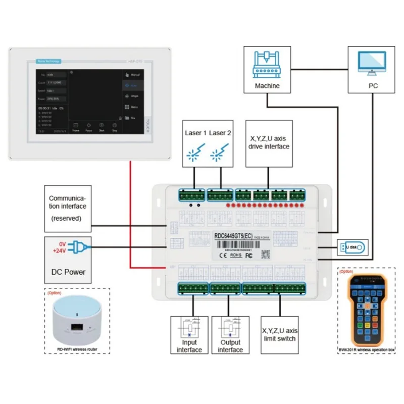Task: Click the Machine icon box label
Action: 267,86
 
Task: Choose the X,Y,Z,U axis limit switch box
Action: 279,334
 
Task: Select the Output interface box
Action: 230,335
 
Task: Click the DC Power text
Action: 68,272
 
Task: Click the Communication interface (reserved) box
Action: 68,206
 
